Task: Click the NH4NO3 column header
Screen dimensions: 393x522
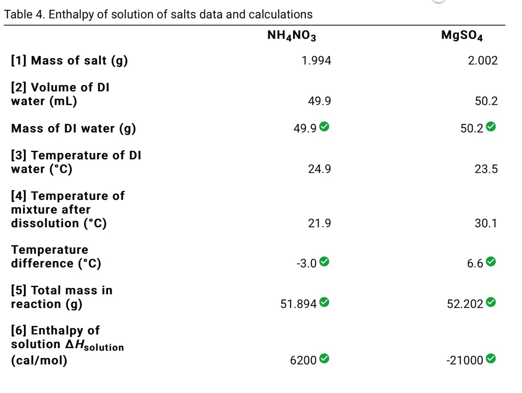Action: [292, 36]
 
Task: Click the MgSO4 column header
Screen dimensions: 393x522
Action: [462, 36]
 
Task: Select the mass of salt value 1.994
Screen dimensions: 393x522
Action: [316, 61]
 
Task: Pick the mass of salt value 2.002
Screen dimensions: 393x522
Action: [482, 61]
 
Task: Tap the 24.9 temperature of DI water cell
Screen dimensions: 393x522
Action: [319, 169]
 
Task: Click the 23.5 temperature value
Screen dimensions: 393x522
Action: [486, 169]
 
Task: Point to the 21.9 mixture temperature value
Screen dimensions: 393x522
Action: [319, 223]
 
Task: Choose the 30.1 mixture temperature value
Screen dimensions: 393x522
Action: [486, 223]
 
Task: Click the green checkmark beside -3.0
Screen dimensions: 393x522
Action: [324, 263]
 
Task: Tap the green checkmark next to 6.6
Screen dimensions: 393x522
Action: [490, 263]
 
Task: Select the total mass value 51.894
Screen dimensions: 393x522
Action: [299, 304]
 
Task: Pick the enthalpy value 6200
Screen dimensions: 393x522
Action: [303, 360]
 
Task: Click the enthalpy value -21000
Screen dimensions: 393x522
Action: [464, 360]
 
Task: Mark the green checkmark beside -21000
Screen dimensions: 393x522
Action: [490, 359]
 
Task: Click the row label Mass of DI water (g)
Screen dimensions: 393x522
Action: [73, 128]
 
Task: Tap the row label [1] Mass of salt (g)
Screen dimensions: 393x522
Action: [69, 61]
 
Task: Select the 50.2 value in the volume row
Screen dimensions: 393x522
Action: [486, 101]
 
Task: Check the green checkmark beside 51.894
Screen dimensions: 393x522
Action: [324, 303]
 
